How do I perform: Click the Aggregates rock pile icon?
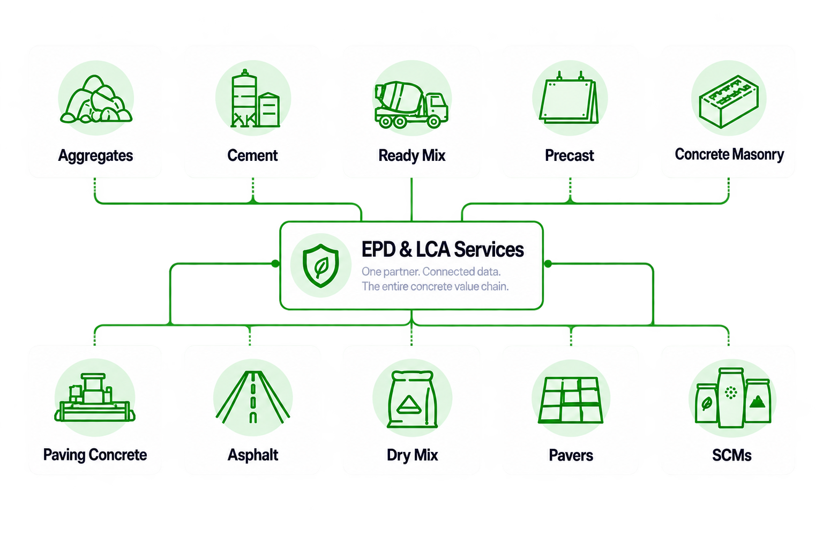click(96, 99)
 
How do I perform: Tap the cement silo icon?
click(255, 99)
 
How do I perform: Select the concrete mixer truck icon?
click(411, 105)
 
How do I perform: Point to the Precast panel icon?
click(568, 99)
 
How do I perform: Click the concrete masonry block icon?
click(729, 101)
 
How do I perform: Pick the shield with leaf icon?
click(321, 265)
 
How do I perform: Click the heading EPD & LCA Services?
click(443, 249)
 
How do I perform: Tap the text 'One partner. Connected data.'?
click(431, 272)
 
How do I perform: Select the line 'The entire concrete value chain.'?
click(435, 286)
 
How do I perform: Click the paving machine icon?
click(95, 397)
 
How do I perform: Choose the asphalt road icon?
click(253, 397)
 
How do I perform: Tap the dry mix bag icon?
click(412, 399)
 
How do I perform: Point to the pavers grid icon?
click(571, 400)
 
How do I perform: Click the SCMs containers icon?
click(732, 398)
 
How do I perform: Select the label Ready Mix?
click(412, 155)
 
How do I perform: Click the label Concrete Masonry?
click(729, 154)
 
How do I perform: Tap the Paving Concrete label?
click(95, 455)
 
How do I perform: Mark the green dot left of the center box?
click(275, 264)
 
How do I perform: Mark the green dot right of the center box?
click(548, 264)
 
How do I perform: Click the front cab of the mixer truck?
click(436, 107)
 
